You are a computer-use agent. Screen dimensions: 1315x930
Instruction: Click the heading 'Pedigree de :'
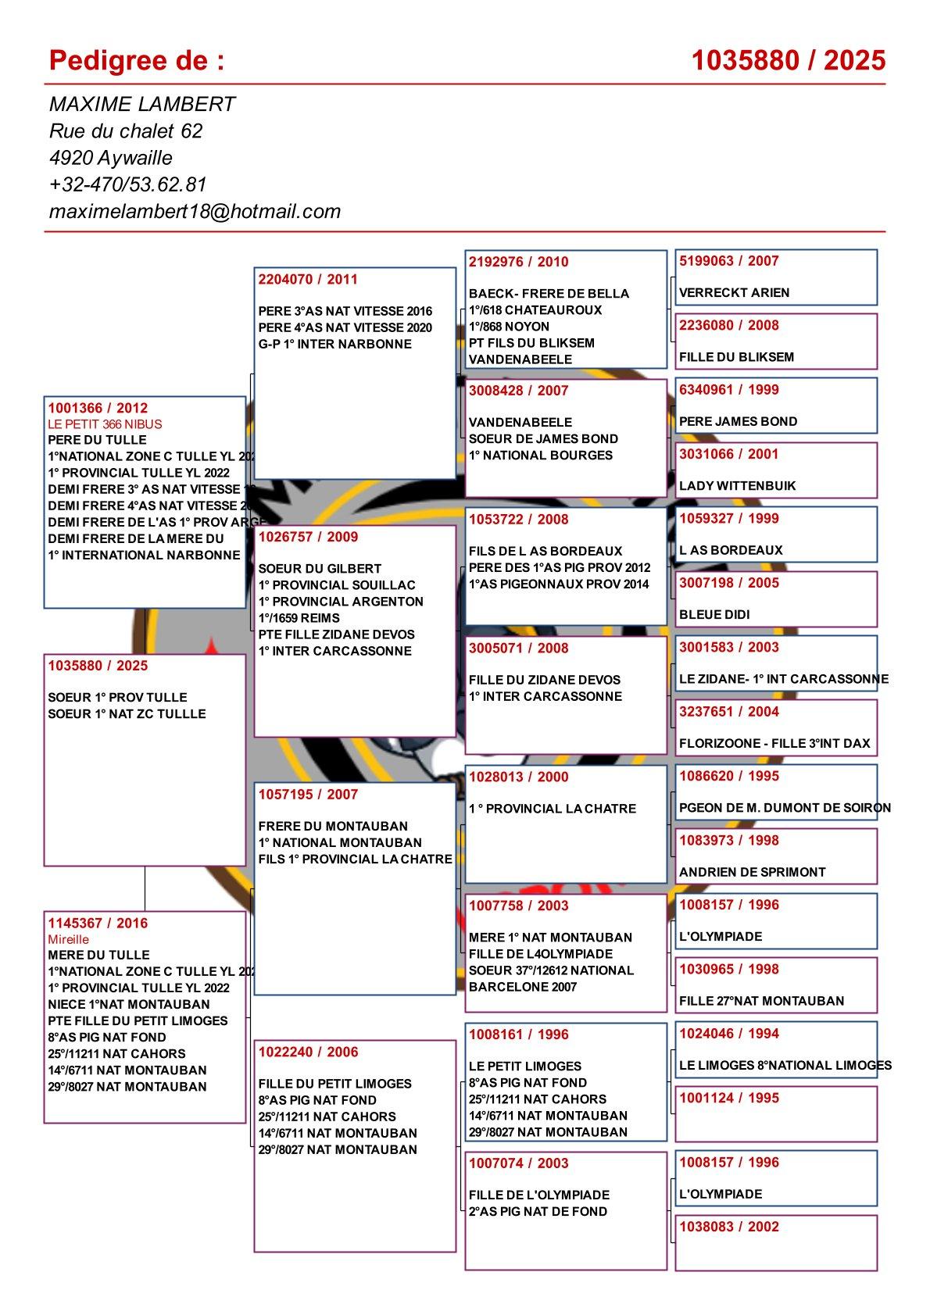(x=137, y=60)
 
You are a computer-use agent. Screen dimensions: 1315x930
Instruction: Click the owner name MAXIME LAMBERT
(x=142, y=104)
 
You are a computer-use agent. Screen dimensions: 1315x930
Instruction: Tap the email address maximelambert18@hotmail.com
(x=195, y=211)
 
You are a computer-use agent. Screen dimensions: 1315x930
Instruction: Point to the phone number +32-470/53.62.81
(x=127, y=184)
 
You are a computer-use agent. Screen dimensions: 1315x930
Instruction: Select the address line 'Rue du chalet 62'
(x=126, y=130)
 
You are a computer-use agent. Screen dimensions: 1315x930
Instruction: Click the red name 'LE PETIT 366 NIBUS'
(x=105, y=424)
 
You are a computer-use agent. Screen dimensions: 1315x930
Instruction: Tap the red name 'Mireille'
(x=69, y=939)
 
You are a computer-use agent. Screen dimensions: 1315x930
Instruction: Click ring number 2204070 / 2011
(x=308, y=279)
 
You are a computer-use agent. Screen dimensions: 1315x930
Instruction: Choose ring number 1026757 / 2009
(x=308, y=537)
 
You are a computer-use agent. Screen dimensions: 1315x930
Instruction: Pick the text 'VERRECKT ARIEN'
(x=734, y=293)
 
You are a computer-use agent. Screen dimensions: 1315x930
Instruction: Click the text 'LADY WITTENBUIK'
(x=737, y=486)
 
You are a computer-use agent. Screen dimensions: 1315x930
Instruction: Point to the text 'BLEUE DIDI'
(x=714, y=614)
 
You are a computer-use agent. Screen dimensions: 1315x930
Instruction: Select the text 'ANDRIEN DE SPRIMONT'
(x=752, y=872)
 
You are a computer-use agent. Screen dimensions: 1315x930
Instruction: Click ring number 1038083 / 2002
(x=728, y=1227)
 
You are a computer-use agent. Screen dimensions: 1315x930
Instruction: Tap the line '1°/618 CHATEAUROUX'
(x=535, y=310)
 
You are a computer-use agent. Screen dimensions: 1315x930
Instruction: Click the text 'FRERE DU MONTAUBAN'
(x=333, y=826)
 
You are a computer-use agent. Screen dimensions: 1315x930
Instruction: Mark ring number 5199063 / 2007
(x=728, y=261)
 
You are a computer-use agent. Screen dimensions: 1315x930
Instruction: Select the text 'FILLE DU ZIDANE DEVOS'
(x=544, y=680)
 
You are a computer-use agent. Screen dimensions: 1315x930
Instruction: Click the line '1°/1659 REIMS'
(x=299, y=618)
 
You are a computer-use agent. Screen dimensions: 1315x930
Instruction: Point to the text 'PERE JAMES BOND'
(x=738, y=421)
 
